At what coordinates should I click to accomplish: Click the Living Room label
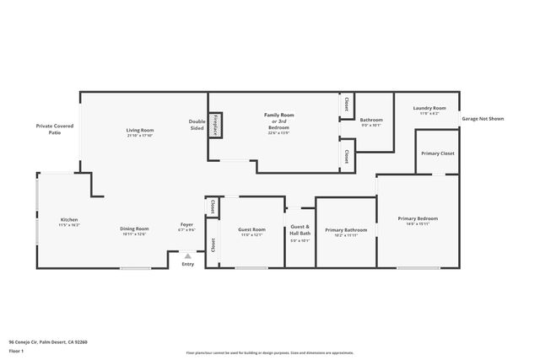[140, 131]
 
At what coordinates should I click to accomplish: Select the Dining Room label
[135, 228]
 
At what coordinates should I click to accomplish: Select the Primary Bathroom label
[346, 230]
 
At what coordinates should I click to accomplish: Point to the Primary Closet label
[437, 153]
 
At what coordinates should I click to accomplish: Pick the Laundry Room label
[429, 109]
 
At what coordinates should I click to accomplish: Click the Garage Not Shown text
[483, 119]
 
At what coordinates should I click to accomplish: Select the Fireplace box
[216, 125]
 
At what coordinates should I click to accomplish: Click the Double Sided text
[197, 125]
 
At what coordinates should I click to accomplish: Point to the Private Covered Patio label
[54, 129]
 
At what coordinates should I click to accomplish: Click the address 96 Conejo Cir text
[48, 341]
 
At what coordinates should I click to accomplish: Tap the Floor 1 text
[17, 351]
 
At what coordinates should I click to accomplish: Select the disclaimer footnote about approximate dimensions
[270, 351]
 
